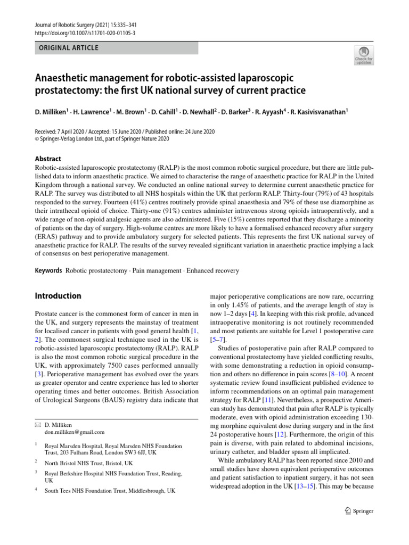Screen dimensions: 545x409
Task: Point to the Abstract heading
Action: click(x=48, y=159)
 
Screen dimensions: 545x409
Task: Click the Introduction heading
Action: click(x=58, y=296)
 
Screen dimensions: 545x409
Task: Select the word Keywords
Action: click(x=48, y=271)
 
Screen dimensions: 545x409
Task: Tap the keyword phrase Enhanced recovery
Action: click(x=212, y=271)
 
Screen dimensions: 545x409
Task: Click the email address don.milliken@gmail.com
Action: click(x=75, y=433)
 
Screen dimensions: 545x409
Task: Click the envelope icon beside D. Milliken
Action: click(x=37, y=425)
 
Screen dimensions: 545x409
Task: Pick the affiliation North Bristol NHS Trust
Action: click(x=89, y=464)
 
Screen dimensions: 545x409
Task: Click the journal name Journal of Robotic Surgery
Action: click(x=66, y=24)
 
